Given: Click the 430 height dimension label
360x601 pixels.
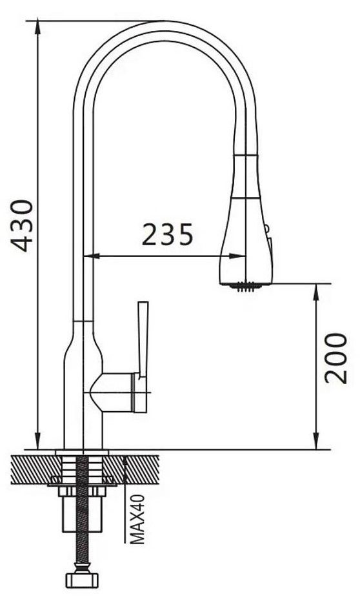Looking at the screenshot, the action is [22, 226].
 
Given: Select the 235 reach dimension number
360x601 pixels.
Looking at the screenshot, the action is [168, 234].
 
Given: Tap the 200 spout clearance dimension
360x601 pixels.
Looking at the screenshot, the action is [336, 358].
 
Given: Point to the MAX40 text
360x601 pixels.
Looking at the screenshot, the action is [137, 519].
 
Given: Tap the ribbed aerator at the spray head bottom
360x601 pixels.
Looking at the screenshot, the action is [245, 287].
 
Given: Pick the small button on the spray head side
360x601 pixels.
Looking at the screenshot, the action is [267, 229].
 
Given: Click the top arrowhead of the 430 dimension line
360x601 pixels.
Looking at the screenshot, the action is [38, 28].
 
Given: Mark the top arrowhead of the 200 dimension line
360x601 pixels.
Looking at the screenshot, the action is [316, 291].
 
